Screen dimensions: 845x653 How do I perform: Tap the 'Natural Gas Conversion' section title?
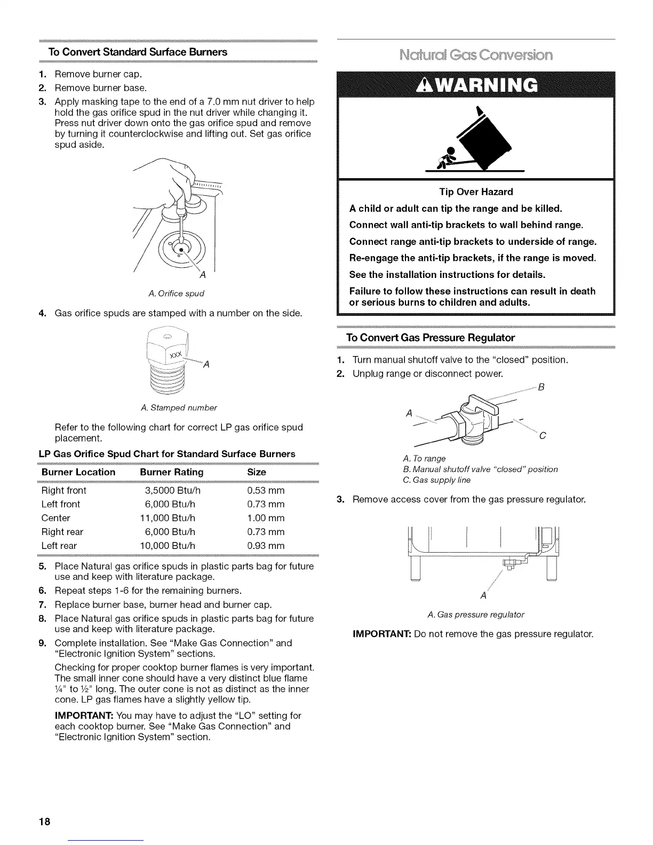(476, 55)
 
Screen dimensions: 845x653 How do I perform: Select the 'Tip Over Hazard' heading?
(476, 192)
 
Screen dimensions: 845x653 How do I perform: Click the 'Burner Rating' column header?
(171, 472)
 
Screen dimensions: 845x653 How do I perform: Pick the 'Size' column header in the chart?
(257, 472)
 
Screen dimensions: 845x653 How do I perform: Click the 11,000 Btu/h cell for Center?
(168, 518)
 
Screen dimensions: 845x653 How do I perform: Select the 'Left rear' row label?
(59, 546)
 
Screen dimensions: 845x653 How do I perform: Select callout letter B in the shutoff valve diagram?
(541, 387)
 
